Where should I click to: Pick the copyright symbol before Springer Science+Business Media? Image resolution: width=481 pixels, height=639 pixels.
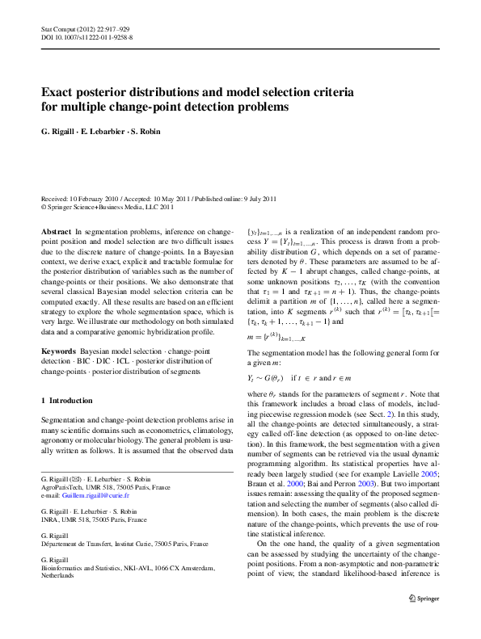pyautogui.click(x=44, y=206)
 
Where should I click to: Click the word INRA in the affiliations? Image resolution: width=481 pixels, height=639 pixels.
pyautogui.click(x=49, y=524)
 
